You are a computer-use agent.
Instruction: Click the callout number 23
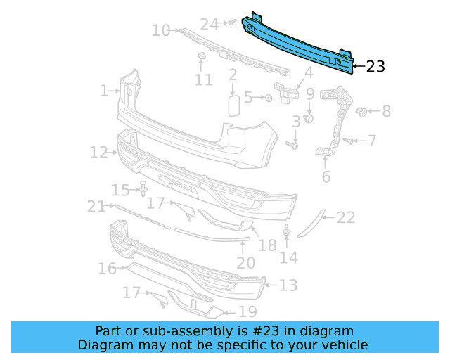coord(375,67)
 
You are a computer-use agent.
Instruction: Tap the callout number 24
coord(210,25)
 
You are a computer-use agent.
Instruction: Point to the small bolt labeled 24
coord(229,23)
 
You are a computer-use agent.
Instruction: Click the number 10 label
coord(161,30)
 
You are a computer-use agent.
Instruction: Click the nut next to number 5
coord(269,98)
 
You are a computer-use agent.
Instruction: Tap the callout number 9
coord(309,93)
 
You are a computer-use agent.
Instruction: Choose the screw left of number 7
coord(347,141)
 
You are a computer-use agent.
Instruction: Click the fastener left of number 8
coord(363,111)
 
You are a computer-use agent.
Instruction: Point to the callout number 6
coord(326,176)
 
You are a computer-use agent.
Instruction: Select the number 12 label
coord(98,152)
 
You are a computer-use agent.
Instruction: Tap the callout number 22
coord(345,218)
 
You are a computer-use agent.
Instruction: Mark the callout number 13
coord(288,285)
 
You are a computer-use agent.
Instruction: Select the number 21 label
coord(96,206)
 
